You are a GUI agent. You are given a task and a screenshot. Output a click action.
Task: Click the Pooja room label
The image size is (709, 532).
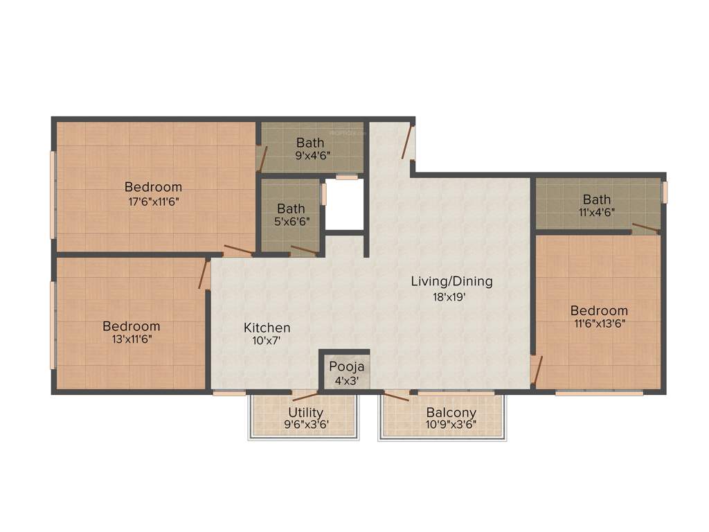point(346,366)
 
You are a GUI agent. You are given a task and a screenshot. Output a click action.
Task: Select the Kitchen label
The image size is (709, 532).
point(267,328)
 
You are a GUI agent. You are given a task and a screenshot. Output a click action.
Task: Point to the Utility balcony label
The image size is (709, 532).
point(305,413)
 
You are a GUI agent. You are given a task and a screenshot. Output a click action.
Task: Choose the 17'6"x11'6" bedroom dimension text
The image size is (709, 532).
point(153,202)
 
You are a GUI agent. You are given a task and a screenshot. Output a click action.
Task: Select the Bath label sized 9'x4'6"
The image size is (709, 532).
point(310,143)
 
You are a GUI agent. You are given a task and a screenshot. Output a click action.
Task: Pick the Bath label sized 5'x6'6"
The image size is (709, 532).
point(291,208)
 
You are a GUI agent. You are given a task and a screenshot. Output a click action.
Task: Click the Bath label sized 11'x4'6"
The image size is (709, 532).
point(597,200)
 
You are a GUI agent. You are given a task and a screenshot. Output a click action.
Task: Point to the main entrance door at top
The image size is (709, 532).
point(409,141)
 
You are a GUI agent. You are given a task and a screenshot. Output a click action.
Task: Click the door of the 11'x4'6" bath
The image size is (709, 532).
point(645,228)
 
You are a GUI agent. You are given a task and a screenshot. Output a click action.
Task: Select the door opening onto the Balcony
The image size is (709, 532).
point(397,396)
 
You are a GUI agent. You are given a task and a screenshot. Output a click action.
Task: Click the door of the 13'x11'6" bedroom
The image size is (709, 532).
point(204,274)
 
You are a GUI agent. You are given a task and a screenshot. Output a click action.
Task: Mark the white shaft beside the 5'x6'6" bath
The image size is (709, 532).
point(344,204)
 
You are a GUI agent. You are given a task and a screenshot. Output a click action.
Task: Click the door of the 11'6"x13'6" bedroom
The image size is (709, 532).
point(536,369)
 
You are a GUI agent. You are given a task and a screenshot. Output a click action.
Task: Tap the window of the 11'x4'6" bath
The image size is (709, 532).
point(664,192)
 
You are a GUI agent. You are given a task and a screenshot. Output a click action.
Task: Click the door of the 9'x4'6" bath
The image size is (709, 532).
point(261,159)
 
